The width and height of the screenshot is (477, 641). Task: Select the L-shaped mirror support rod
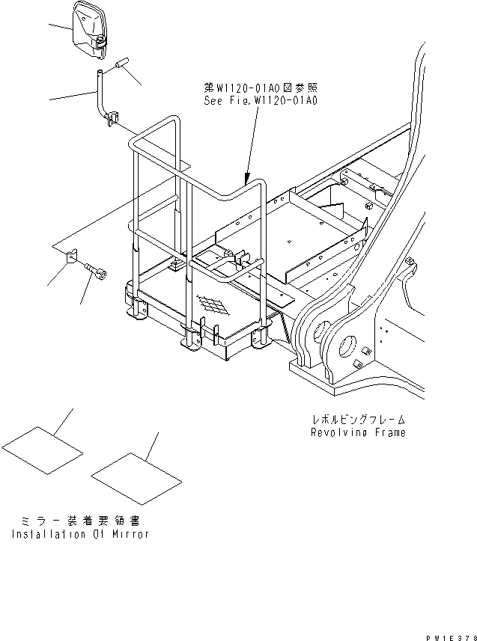click(x=99, y=93)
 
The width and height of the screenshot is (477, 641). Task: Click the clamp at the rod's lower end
click(x=114, y=117)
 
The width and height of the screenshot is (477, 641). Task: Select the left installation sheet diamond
click(x=41, y=450)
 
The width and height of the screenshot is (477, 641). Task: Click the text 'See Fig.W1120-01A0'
click(x=261, y=99)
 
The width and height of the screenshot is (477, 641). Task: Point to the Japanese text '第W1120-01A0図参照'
click(x=261, y=87)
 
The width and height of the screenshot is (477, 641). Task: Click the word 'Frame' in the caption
click(x=389, y=432)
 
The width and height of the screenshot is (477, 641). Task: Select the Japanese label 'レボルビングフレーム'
click(x=360, y=420)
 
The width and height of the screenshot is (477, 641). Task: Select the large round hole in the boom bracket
click(x=349, y=349)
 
